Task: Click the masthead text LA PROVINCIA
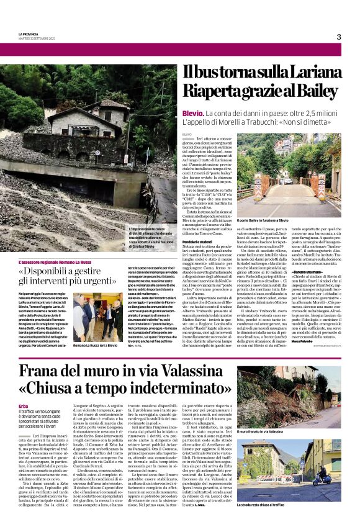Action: [x=29, y=34]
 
